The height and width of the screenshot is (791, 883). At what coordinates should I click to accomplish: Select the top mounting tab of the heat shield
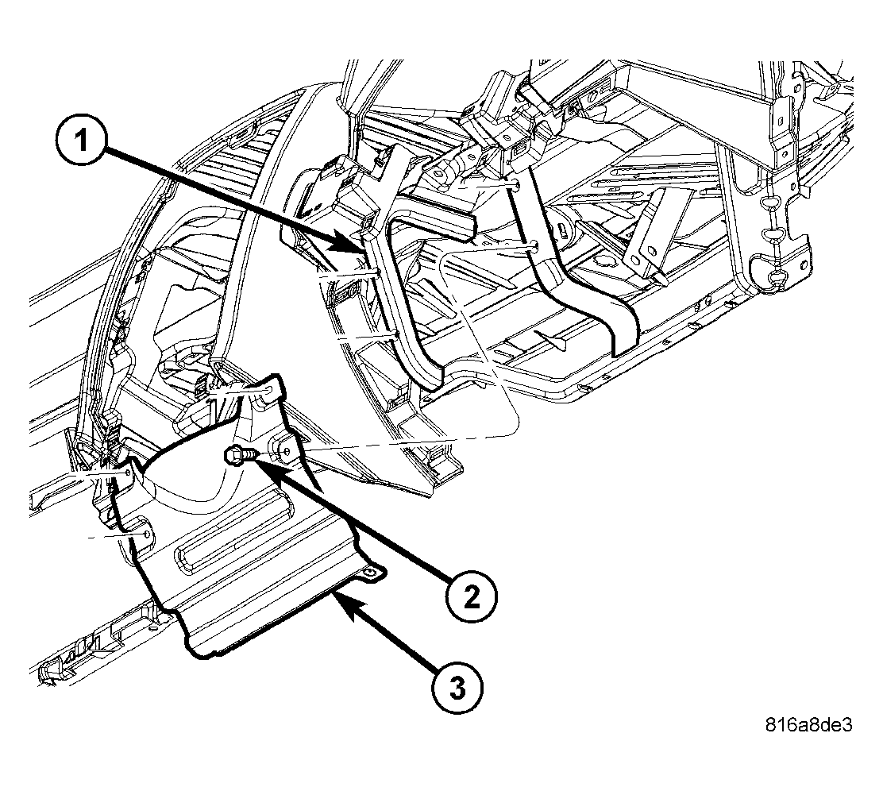269,387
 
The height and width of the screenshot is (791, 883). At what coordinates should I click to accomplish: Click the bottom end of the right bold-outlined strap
626,340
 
